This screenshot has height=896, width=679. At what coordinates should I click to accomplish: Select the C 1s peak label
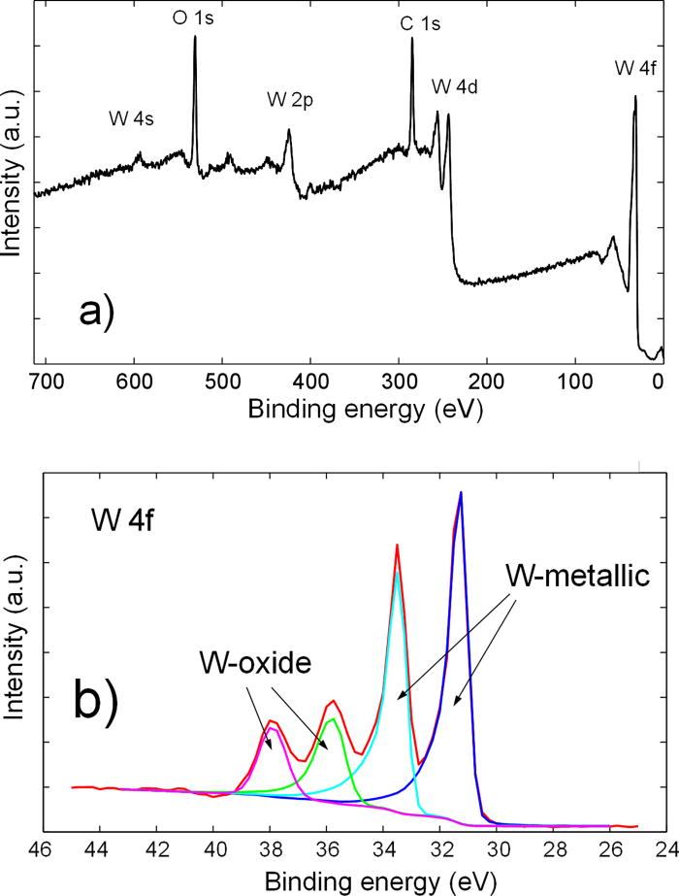pyautogui.click(x=420, y=24)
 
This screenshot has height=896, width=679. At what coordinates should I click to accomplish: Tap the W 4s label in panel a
pyautogui.click(x=132, y=119)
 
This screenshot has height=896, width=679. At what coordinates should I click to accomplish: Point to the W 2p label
pyautogui.click(x=289, y=100)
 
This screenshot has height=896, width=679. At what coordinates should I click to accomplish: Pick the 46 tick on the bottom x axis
pyautogui.click(x=41, y=846)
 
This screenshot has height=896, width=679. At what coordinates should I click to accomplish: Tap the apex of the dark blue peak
pyautogui.click(x=461, y=493)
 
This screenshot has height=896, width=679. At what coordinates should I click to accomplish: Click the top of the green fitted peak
pyautogui.click(x=333, y=718)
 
